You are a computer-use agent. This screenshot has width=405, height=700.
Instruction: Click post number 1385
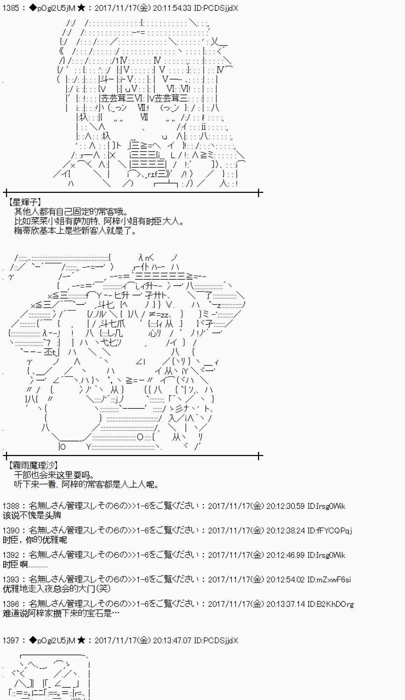coord(11,8)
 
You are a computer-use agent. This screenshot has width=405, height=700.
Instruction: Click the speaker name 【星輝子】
coord(25,202)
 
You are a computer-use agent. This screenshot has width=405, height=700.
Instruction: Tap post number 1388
coord(11,506)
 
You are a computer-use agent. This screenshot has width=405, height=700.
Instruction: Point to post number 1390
coord(11,531)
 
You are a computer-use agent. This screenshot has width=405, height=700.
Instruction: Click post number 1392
coord(11,555)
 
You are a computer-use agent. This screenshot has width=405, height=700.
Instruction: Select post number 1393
coord(11,580)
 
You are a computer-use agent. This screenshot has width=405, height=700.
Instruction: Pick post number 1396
coord(11,604)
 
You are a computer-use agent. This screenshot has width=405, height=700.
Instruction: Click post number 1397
coord(11,640)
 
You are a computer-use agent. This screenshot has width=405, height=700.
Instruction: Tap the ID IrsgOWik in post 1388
coord(326,506)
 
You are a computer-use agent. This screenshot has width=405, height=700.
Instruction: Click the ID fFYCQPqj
coord(329,531)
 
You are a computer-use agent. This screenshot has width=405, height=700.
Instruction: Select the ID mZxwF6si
coord(329,580)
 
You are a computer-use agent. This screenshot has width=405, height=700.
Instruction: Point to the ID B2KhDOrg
coord(330,604)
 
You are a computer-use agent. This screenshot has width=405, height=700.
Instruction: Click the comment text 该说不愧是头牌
coord(32,515)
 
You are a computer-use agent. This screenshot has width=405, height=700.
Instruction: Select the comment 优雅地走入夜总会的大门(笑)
coord(56,589)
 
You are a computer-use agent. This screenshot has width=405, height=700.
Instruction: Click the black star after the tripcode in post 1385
coord(81,8)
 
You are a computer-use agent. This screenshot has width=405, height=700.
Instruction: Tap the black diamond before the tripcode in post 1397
coord(33,640)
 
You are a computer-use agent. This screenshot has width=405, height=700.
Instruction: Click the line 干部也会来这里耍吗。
coord(54,475)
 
